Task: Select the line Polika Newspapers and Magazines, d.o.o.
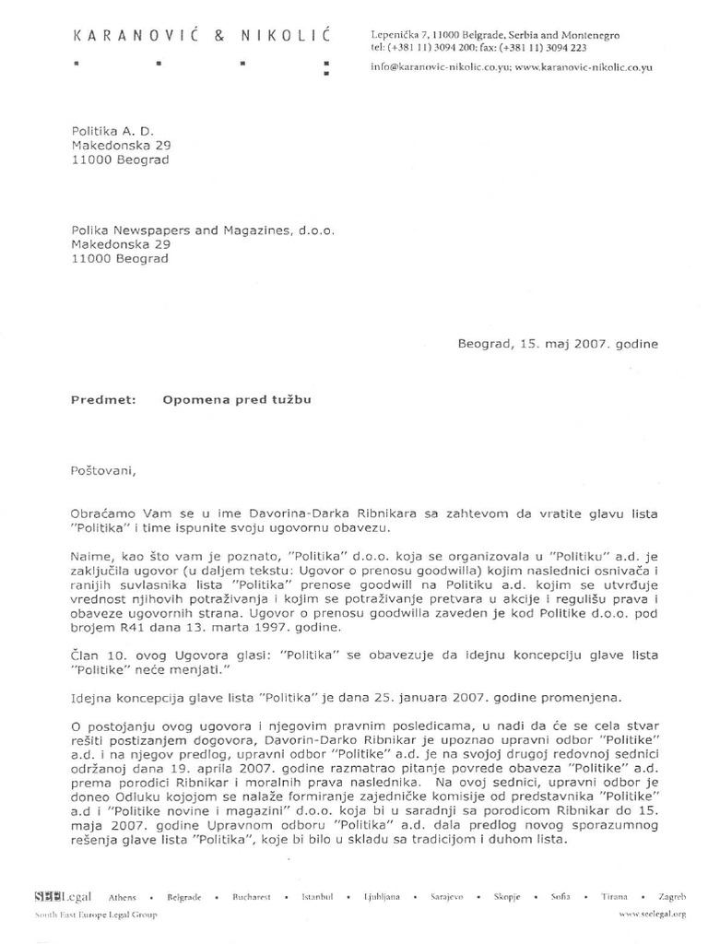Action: click(x=203, y=230)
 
